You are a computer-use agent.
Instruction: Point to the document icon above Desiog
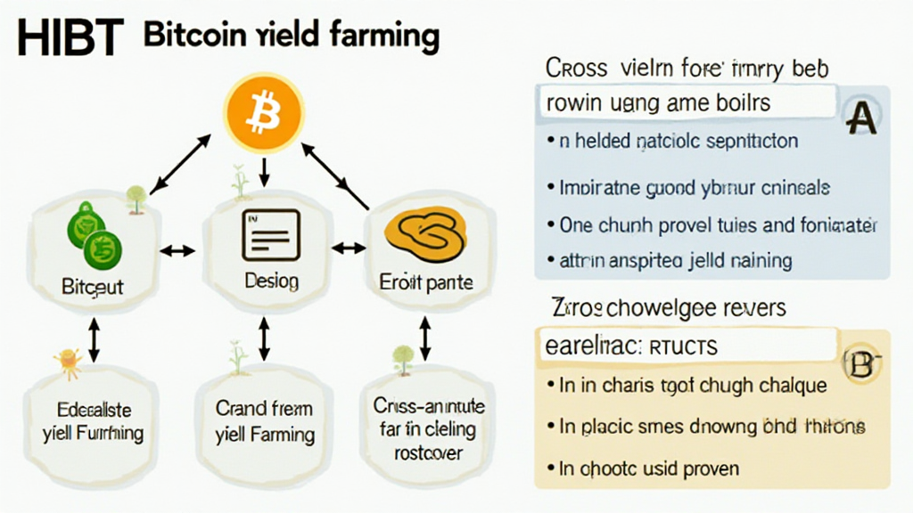(270, 234)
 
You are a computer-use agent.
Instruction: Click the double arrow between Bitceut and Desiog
(180, 250)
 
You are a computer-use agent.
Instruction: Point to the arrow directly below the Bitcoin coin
(265, 172)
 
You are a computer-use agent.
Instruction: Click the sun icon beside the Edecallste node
(65, 360)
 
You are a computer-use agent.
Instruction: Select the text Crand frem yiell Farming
(265, 422)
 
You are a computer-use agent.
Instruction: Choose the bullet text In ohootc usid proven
(649, 467)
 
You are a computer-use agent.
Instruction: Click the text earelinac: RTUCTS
(630, 346)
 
